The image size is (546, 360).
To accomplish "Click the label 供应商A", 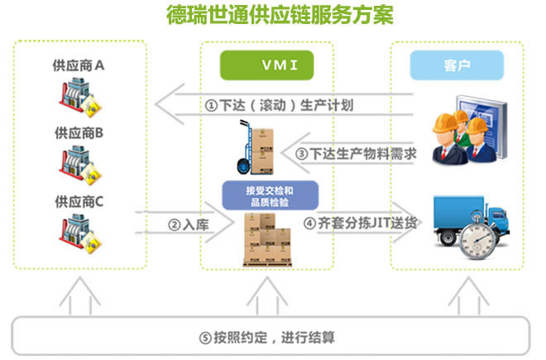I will [x=79, y=63].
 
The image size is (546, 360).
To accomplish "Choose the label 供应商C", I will [x=79, y=200].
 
